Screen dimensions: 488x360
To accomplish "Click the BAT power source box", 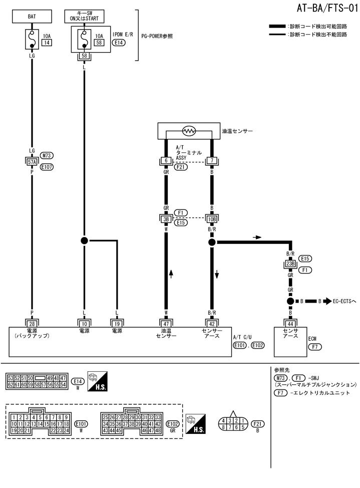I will click(x=32, y=16).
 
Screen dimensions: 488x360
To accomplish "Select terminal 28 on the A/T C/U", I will click(x=32, y=323).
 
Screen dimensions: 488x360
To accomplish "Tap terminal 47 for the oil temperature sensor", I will click(x=165, y=323).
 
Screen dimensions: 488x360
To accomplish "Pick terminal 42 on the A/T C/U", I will click(x=211, y=323).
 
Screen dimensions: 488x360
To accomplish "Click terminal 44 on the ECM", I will click(x=289, y=323).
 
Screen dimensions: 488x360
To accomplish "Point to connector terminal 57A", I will click(x=32, y=161).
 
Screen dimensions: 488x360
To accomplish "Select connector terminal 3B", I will click(x=165, y=218).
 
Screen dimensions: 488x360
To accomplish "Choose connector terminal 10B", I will click(x=211, y=218).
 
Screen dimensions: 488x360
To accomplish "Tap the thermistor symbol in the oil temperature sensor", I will click(x=189, y=131).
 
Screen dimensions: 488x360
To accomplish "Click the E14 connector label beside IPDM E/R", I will click(x=118, y=44).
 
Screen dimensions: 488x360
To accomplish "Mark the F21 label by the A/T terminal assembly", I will click(x=181, y=167).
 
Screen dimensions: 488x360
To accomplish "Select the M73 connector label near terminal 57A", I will click(x=47, y=156).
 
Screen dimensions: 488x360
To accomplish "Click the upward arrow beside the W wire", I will click(x=171, y=275).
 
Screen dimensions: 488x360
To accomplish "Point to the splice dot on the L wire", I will click(x=84, y=240).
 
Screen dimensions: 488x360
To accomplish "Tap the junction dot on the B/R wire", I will click(x=211, y=242).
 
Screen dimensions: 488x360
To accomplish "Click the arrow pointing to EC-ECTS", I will click(x=327, y=302).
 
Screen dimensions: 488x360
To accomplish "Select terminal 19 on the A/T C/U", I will click(x=117, y=323).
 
